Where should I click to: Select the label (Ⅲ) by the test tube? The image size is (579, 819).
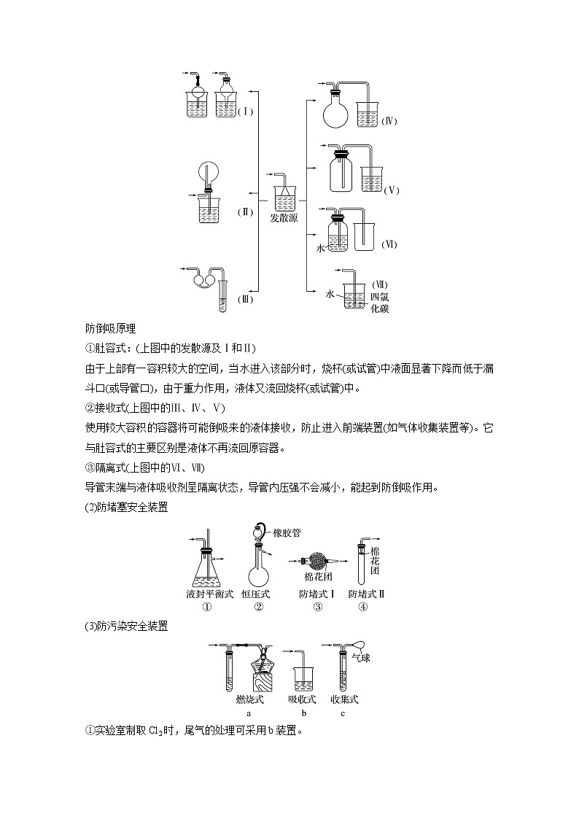pyautogui.click(x=245, y=299)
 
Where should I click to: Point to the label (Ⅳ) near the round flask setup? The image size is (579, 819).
pyautogui.click(x=389, y=121)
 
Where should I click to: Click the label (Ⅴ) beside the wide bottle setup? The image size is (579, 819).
pyautogui.click(x=392, y=190)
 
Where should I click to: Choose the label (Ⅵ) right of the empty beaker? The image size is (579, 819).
pyautogui.click(x=389, y=244)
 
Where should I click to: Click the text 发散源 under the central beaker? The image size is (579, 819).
pyautogui.click(x=284, y=218)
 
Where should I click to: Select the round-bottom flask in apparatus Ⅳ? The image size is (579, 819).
pyautogui.click(x=338, y=116)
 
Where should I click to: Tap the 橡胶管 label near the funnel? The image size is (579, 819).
pyautogui.click(x=287, y=533)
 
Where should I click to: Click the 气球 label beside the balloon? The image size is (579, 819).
pyautogui.click(x=361, y=659)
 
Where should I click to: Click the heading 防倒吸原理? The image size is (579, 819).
pyautogui.click(x=106, y=328)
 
